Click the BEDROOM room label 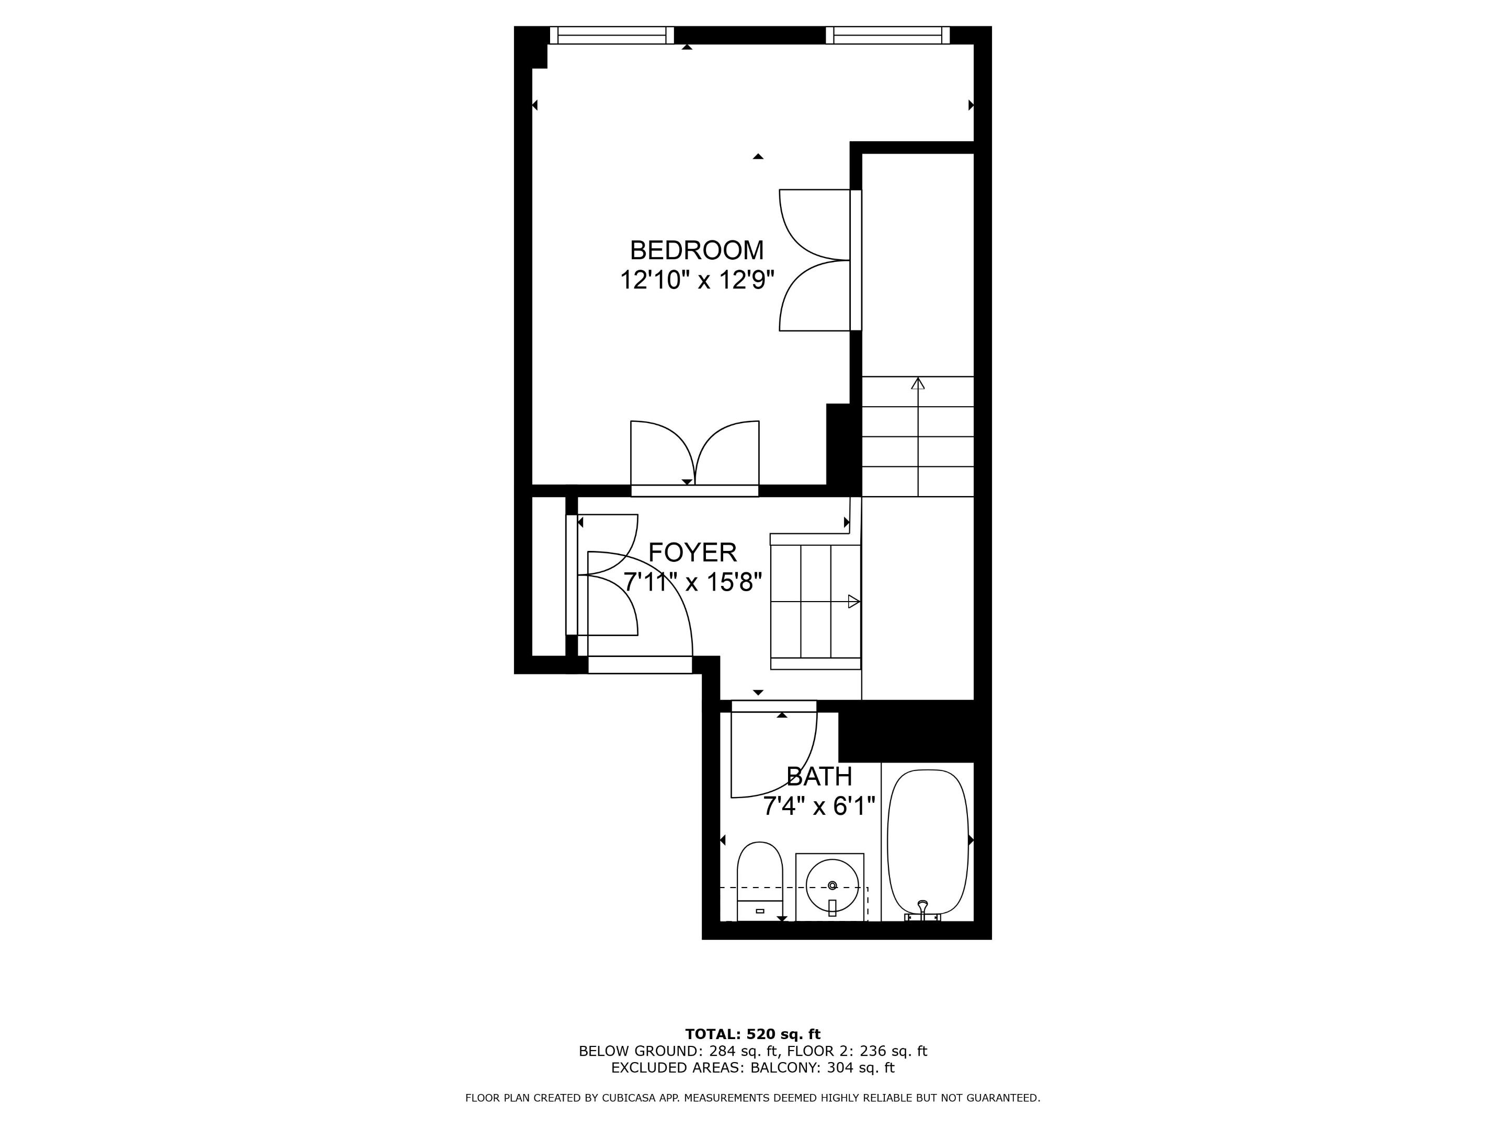[x=697, y=250]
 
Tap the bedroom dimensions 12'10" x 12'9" [x=697, y=280]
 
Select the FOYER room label [x=692, y=552]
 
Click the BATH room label [x=818, y=777]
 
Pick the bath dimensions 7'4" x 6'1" [x=818, y=807]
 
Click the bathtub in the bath [x=927, y=842]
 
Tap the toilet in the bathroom [x=760, y=881]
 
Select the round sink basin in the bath [x=831, y=885]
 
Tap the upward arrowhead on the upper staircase [x=918, y=384]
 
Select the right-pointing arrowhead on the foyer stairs [x=853, y=602]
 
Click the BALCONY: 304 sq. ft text [x=822, y=1068]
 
